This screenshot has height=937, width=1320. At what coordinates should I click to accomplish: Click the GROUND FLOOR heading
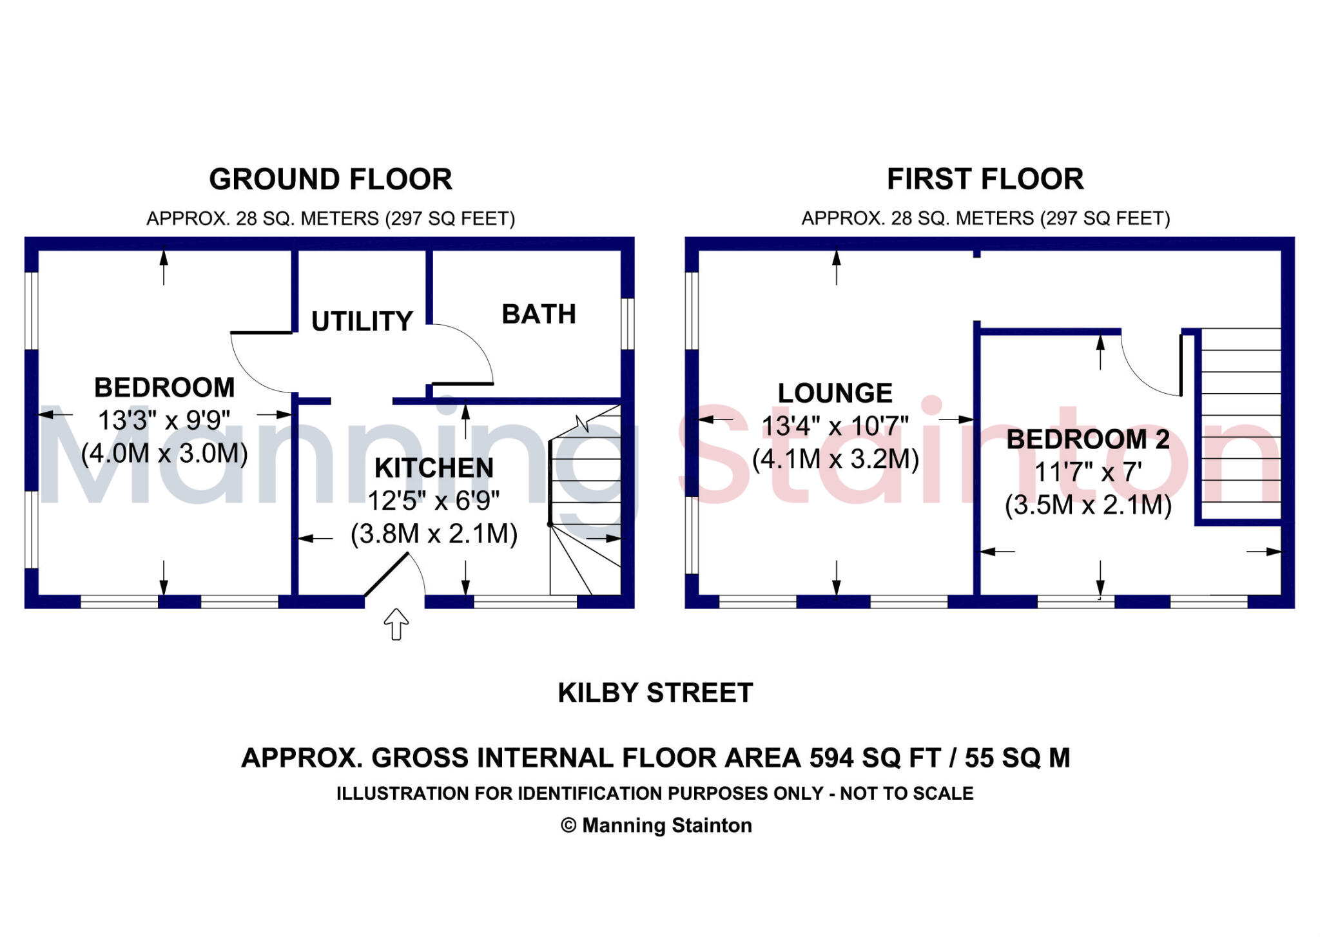[x=330, y=179]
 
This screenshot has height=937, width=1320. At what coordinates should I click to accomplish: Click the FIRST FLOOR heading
[x=985, y=179]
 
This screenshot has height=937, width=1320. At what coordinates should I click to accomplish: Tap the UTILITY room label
[x=362, y=321]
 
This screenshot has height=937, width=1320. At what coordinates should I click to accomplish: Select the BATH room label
[x=539, y=314]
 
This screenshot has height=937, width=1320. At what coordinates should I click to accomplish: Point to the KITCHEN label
[x=434, y=468]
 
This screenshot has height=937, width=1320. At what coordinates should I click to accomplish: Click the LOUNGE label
[x=835, y=393]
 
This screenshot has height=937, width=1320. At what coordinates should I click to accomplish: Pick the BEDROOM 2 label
[x=1088, y=440]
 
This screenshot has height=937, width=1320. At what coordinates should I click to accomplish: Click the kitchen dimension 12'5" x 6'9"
[x=434, y=501]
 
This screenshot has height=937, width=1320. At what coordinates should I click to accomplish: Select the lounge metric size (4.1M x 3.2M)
[x=835, y=459]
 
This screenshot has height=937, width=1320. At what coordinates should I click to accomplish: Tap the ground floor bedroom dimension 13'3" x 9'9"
[x=164, y=421]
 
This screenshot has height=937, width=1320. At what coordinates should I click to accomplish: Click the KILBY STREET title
[x=655, y=693]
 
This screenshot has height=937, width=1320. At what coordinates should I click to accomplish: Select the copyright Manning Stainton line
[x=656, y=826]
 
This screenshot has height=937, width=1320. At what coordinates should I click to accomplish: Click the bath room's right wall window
[x=627, y=324]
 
